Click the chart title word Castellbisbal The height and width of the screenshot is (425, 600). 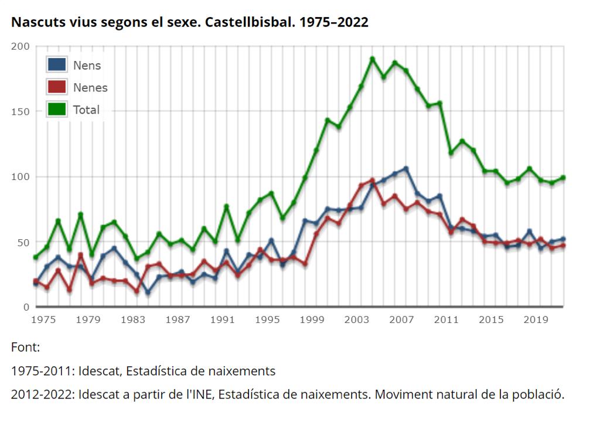tap(249, 23)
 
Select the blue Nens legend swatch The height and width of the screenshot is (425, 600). tap(57, 65)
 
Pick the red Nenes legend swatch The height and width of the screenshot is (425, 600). tap(57, 87)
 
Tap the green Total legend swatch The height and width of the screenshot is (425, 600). tap(57, 110)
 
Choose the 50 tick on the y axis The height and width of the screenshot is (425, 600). tap(22, 242)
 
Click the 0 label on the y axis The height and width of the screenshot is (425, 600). tap(25, 307)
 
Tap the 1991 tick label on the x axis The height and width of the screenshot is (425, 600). tap(222, 319)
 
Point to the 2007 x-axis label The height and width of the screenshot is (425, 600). tap(401, 319)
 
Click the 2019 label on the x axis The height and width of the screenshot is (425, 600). tap(536, 319)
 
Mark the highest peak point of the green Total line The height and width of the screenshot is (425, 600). tap(372, 59)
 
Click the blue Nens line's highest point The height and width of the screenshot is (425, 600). tap(405, 169)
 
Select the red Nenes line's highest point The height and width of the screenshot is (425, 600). tap(372, 181)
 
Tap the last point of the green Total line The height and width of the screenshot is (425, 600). tap(562, 178)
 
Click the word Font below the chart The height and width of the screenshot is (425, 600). tap(25, 348)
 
